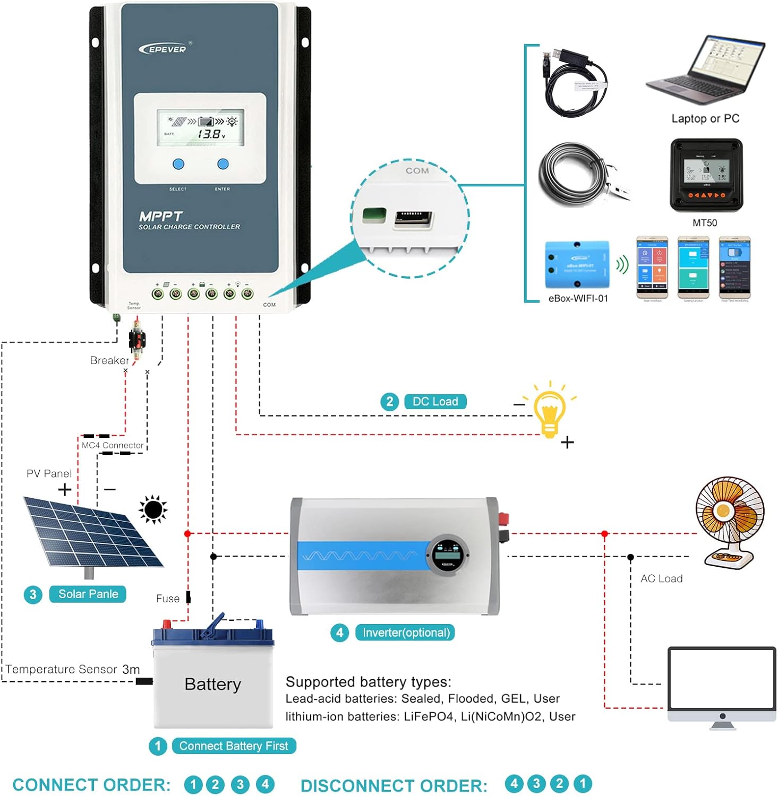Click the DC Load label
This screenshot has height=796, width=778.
(435, 402)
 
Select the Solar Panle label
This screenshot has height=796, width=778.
(88, 594)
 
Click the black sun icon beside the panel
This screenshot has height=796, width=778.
(153, 509)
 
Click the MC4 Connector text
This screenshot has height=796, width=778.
(112, 445)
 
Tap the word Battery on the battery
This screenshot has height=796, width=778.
(212, 684)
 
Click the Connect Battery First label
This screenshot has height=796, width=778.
(234, 746)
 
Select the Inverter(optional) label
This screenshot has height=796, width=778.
(406, 633)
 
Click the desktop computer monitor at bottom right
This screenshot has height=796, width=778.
(722, 685)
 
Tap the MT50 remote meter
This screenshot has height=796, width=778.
(706, 175)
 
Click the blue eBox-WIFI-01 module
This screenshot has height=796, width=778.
(577, 265)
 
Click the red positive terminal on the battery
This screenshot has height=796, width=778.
(166, 624)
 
